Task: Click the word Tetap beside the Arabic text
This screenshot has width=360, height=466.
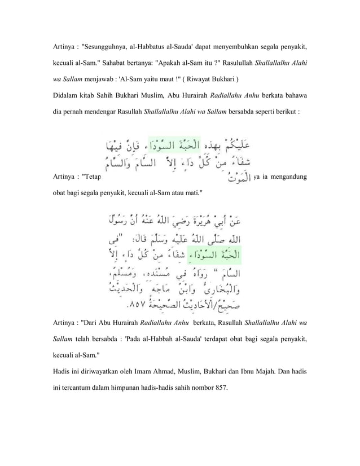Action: coord(91,176)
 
